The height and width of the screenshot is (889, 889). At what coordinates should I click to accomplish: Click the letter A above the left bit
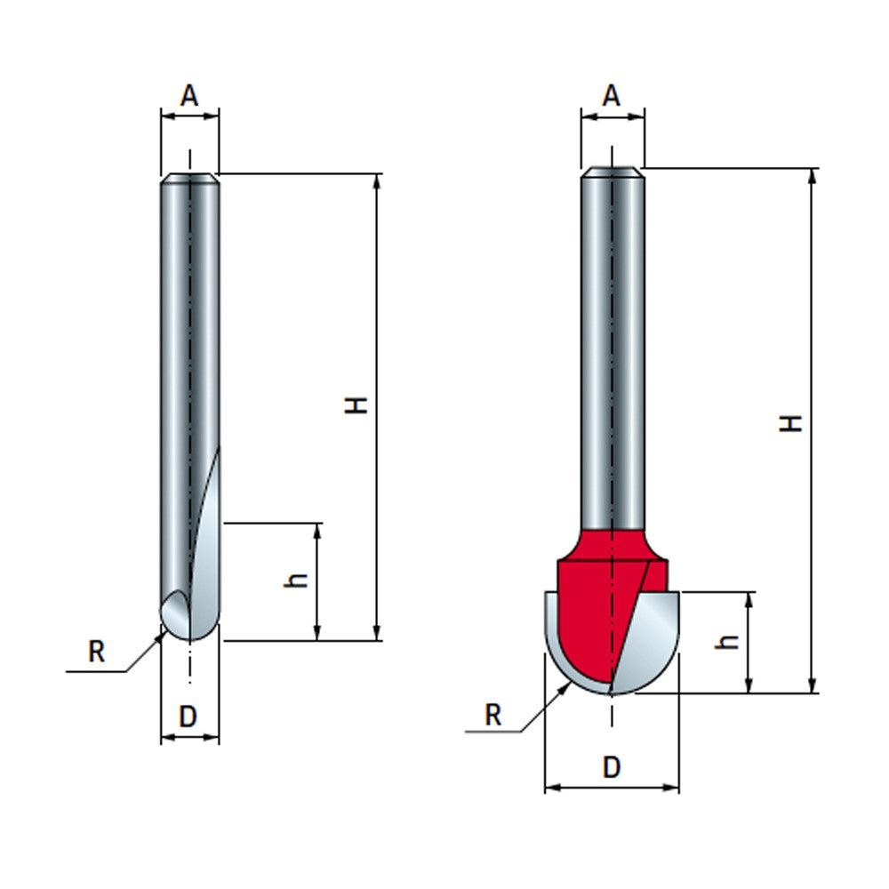[189, 95]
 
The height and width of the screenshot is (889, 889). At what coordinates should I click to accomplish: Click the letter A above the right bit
[611, 95]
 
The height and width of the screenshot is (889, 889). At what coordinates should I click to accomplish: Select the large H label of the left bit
[357, 405]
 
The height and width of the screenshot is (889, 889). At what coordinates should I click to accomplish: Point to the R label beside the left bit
[97, 653]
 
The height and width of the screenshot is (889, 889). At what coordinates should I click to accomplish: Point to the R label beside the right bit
[493, 715]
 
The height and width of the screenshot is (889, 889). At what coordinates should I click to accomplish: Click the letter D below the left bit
[188, 717]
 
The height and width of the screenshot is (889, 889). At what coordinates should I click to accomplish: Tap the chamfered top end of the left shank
[190, 178]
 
